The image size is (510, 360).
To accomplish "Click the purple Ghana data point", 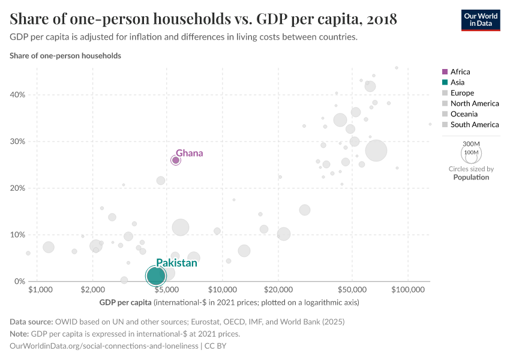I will click(176, 160).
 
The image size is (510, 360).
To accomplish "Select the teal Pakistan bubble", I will click(156, 276).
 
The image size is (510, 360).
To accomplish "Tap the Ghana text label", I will click(189, 153).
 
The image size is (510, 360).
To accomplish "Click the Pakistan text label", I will click(176, 263).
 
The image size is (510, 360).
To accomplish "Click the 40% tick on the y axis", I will click(17, 95).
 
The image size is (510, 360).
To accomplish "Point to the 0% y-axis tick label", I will click(19, 281).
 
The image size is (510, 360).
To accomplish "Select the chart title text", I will click(203, 19).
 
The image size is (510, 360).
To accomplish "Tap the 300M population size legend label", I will click(472, 144).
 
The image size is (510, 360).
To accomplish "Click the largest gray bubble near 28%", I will click(376, 151).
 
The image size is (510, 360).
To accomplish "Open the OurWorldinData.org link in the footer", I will click(105, 346).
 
